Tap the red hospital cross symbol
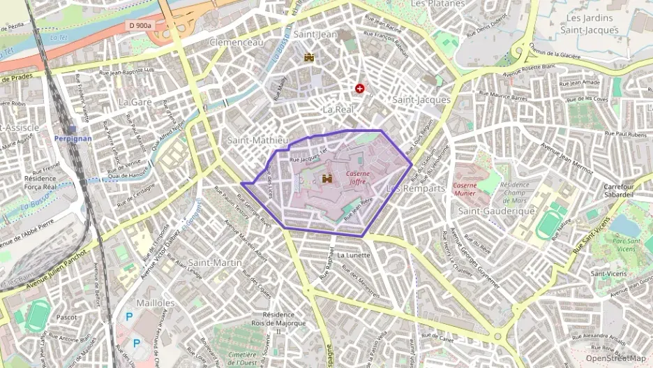[x=360, y=89]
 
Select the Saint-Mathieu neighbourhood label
[x=257, y=140]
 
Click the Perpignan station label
[x=73, y=138]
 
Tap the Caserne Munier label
[x=465, y=189]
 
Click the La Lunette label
[x=354, y=256]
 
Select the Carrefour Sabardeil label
[x=619, y=191]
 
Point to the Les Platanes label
[x=437, y=3]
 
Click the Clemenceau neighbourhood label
[x=237, y=43]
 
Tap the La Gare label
[x=135, y=102]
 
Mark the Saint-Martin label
[x=216, y=263]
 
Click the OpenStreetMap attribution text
[x=615, y=359]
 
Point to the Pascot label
[x=67, y=317]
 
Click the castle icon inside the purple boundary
[x=326, y=179]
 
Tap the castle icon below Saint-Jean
[x=309, y=57]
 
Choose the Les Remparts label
[x=415, y=189]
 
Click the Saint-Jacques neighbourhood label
[x=421, y=100]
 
